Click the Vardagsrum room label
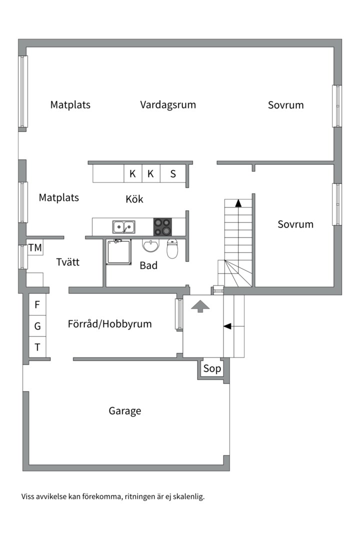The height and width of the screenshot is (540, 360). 168,105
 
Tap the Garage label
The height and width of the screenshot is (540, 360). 125,411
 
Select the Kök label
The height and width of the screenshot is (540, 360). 134,199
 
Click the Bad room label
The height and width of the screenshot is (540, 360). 148,265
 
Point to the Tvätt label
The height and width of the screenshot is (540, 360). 68,262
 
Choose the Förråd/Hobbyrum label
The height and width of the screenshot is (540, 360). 109,324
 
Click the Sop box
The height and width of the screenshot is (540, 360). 211,369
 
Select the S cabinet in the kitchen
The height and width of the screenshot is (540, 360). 173,174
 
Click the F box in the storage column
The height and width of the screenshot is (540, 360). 37,304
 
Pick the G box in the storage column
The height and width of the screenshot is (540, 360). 37,326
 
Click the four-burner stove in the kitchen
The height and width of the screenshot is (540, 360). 162,226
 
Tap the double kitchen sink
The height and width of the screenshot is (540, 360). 123,226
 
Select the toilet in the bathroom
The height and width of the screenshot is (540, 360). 172,248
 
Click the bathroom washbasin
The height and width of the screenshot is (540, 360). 150,246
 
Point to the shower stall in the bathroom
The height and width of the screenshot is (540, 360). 118,252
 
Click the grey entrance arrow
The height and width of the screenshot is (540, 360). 200,306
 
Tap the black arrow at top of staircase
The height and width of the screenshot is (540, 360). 238,203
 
